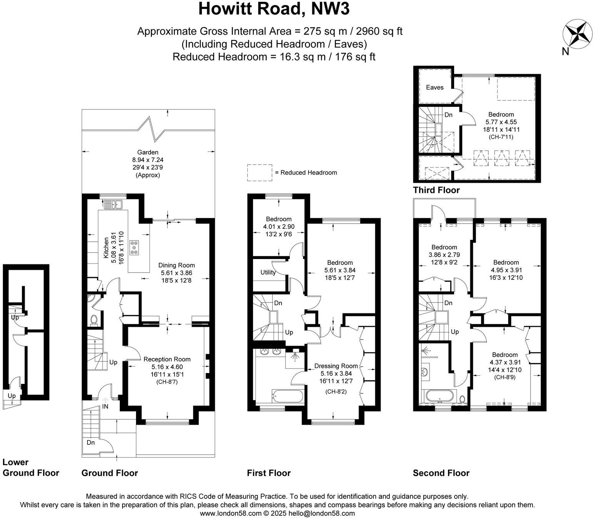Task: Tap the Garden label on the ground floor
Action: point(148,152)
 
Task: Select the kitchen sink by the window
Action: point(112,204)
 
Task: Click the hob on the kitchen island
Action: point(134,247)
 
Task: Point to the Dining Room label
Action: point(176,265)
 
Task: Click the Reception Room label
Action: point(167,359)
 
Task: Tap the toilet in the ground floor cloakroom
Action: point(94,320)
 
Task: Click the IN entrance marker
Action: point(105,406)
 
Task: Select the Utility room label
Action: point(268,272)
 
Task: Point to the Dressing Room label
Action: point(336,366)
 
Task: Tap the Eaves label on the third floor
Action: point(435,87)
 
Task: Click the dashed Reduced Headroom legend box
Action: point(260,173)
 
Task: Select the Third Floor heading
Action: point(436,190)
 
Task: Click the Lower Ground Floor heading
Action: point(31,468)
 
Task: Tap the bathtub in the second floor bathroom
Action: point(440,396)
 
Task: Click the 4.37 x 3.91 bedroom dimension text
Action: point(505,362)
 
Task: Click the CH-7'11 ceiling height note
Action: point(501,137)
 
